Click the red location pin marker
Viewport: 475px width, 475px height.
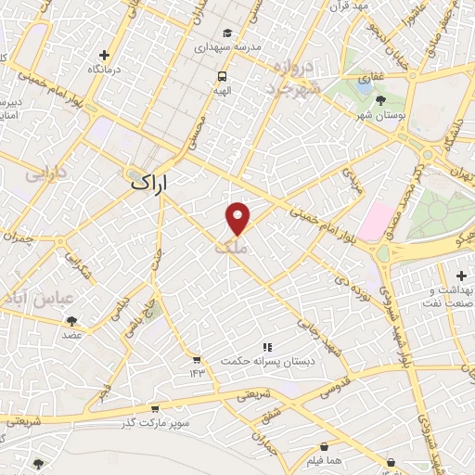pyautogui.click(x=238, y=218)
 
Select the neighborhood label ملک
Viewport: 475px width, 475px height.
pyautogui.click(x=231, y=248)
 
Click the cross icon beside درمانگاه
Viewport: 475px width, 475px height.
pyautogui.click(x=105, y=55)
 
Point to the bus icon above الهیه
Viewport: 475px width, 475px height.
pyautogui.click(x=222, y=76)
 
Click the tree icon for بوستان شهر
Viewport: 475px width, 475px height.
pyautogui.click(x=380, y=101)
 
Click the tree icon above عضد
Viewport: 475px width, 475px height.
pyautogui.click(x=71, y=320)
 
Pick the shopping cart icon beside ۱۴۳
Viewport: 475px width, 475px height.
pyautogui.click(x=197, y=359)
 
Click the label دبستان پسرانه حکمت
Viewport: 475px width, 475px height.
pyautogui.click(x=267, y=360)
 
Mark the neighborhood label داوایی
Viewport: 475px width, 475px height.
pyautogui.click(x=45, y=173)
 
